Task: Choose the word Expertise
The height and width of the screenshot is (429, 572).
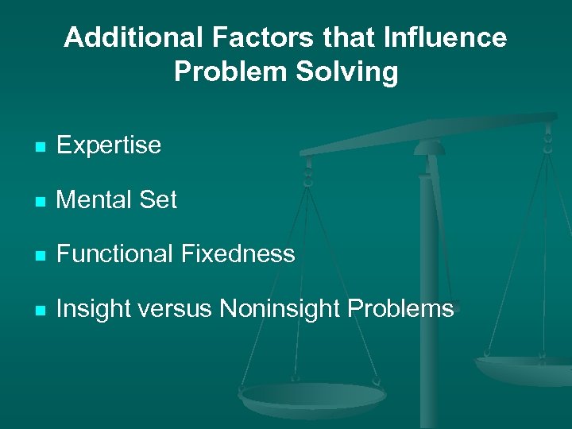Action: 109,145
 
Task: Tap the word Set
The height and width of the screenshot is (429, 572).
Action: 159,200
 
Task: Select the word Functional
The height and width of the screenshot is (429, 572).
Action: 114,254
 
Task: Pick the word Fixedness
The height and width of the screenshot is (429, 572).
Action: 238,254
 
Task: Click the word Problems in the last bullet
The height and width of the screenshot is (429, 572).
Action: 405,309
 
